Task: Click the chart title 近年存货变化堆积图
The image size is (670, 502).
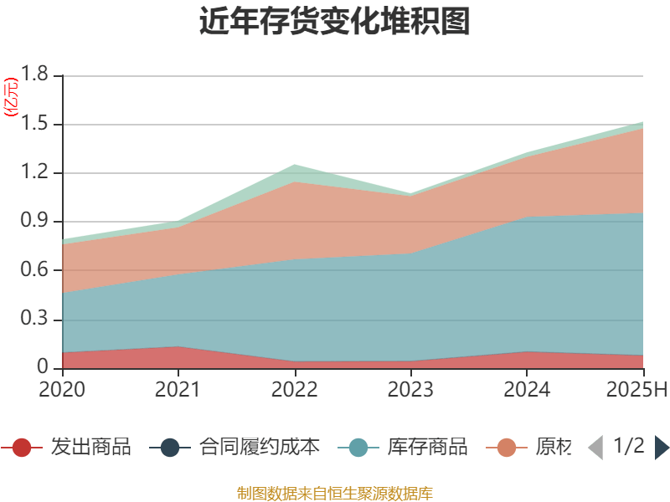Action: [335, 22]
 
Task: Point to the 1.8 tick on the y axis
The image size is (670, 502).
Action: [36, 75]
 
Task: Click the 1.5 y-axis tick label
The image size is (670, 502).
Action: [36, 125]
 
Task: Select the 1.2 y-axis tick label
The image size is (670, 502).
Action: [36, 173]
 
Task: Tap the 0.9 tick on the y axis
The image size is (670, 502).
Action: [36, 222]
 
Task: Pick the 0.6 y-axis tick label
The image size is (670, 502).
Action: [36, 270]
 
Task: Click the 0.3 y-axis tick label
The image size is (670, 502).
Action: [36, 320]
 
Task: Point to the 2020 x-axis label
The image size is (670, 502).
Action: [62, 390]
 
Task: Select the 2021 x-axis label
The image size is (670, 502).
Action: [178, 390]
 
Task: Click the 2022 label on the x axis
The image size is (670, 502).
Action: [294, 390]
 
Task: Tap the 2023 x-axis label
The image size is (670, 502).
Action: [410, 390]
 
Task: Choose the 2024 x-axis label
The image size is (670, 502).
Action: [526, 390]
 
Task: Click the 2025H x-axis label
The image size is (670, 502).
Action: [636, 390]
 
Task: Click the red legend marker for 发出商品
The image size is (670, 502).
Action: [23, 448]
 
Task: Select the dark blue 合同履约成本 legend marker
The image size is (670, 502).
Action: [171, 448]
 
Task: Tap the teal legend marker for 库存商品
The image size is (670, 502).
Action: [358, 448]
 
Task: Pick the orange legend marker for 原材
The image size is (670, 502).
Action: [507, 448]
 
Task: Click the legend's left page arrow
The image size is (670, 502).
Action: [595, 448]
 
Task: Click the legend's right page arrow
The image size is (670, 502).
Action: [662, 448]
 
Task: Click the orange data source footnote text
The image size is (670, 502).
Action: [335, 493]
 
